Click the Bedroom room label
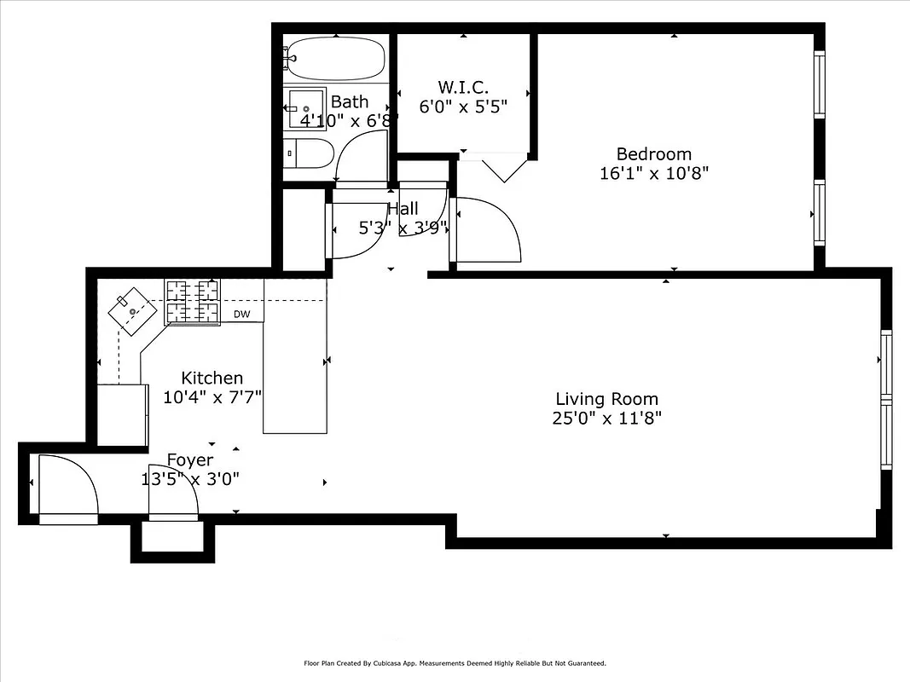[653, 154]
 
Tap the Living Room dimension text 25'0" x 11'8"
[606, 418]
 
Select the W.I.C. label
[463, 87]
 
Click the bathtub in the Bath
[334, 58]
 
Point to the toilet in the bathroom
[308, 154]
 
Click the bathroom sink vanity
[305, 107]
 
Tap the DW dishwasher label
[241, 315]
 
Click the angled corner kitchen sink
[132, 310]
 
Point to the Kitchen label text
[212, 378]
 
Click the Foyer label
[189, 460]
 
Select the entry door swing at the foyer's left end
[68, 488]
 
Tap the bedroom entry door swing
[486, 230]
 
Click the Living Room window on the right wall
[885, 400]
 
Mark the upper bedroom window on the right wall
[819, 85]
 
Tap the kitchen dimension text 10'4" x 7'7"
[212, 396]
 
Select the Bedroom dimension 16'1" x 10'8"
[653, 173]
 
